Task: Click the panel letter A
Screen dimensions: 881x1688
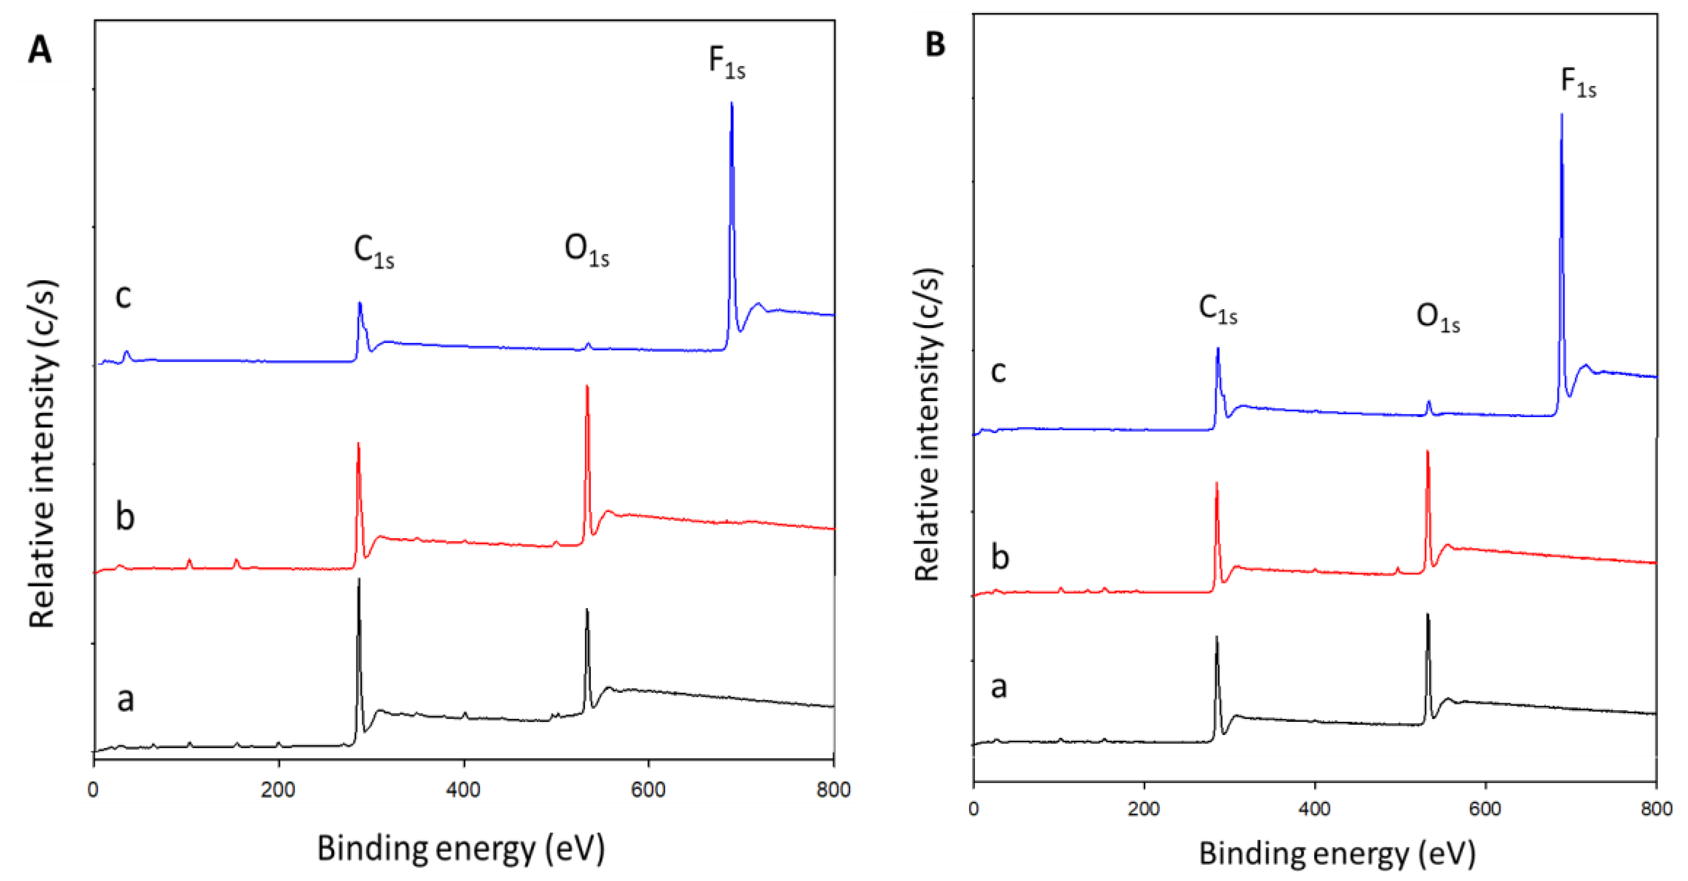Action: (39, 50)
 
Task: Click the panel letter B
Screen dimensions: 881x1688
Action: (935, 45)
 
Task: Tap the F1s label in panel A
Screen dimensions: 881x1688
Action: (727, 63)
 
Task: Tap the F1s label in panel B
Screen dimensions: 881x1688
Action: (1578, 83)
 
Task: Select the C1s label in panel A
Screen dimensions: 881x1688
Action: (373, 252)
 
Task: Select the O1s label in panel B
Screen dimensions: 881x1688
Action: (1438, 318)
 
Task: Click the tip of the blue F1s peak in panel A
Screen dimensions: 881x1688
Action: (731, 103)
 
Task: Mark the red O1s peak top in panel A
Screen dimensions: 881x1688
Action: (587, 387)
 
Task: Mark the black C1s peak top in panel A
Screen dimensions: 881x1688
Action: (358, 580)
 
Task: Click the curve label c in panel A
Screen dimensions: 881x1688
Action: (123, 296)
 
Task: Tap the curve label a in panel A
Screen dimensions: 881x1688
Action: (125, 699)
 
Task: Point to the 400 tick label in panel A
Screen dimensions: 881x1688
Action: (463, 790)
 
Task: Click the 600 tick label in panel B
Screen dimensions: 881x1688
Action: (1485, 809)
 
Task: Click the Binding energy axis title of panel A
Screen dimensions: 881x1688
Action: (461, 849)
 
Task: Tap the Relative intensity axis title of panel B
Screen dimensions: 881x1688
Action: (928, 425)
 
